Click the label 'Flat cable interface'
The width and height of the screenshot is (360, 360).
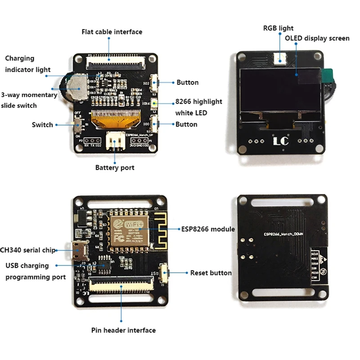112,32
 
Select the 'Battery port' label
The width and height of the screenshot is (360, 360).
114,168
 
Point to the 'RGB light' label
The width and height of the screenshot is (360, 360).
278,28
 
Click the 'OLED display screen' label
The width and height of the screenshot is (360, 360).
317,38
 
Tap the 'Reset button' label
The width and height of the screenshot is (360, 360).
211,273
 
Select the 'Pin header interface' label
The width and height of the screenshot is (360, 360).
123,330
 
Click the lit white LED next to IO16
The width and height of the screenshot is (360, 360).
153,103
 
